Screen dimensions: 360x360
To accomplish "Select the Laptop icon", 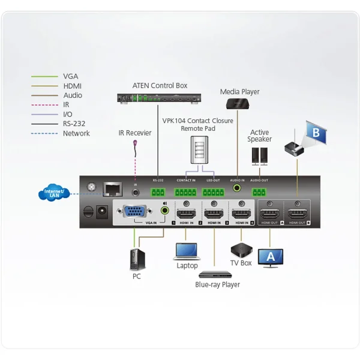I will click(187, 250).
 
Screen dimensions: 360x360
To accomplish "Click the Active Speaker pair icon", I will click(260, 155).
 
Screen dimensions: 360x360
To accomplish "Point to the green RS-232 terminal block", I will click(158, 192).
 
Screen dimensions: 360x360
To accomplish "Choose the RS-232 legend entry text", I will click(75, 124).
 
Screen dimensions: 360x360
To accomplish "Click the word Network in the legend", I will click(76, 133).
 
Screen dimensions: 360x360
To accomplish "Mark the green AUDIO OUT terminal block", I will click(259, 192).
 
